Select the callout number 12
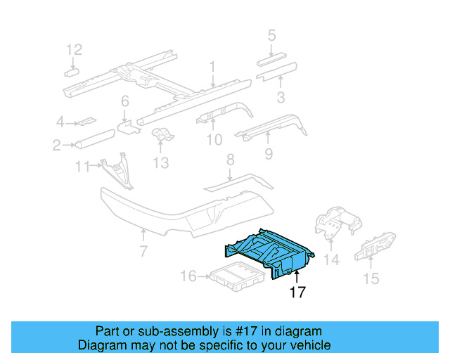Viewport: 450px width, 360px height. click(74, 49)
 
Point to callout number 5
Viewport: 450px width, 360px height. click(271, 34)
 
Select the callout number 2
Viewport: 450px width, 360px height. click(56, 146)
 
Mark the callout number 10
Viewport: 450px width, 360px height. click(214, 141)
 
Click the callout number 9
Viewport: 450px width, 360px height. click(268, 153)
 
